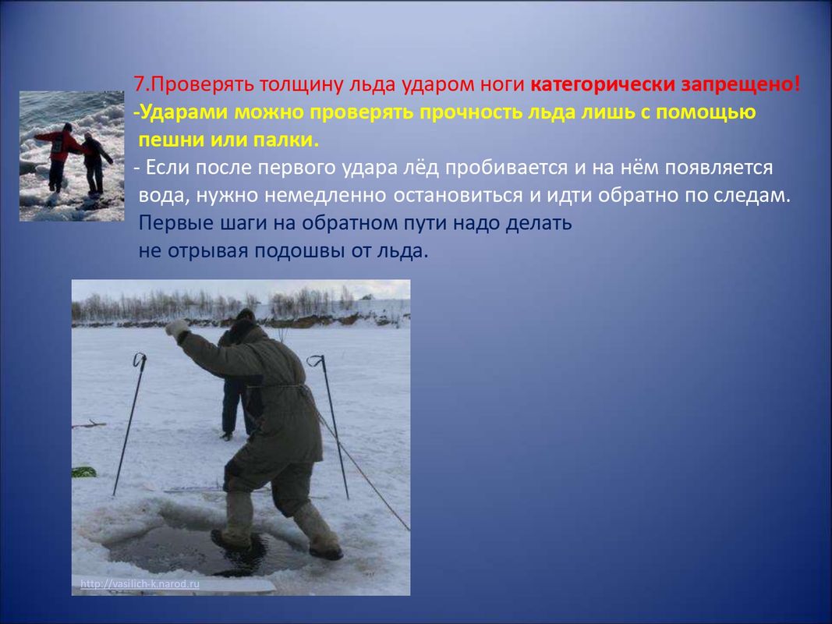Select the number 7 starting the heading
pos(139,84)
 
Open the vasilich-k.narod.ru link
pos(140,584)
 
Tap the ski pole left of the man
pos(129,424)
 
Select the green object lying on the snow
pos(84,472)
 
